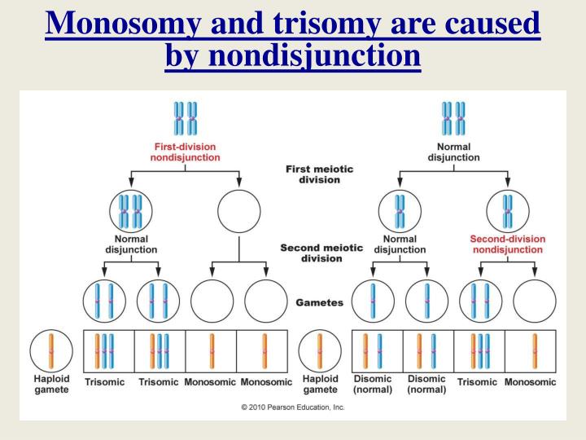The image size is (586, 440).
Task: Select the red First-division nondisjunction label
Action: pyautogui.click(x=186, y=152)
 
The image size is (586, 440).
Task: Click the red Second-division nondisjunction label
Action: pyautogui.click(x=507, y=244)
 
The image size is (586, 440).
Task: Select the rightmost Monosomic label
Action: pyautogui.click(x=531, y=381)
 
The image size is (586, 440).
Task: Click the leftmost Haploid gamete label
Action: pyautogui.click(x=51, y=384)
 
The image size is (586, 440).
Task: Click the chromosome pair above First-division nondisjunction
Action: pyautogui.click(x=186, y=118)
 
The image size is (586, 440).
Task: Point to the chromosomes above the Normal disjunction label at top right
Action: pyautogui.click(x=453, y=118)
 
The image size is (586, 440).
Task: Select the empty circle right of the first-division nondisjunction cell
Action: pyautogui.click(x=239, y=211)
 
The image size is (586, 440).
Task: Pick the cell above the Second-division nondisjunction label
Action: pyautogui.click(x=508, y=211)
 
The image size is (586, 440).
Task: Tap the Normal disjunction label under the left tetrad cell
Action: pyautogui.click(x=131, y=244)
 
